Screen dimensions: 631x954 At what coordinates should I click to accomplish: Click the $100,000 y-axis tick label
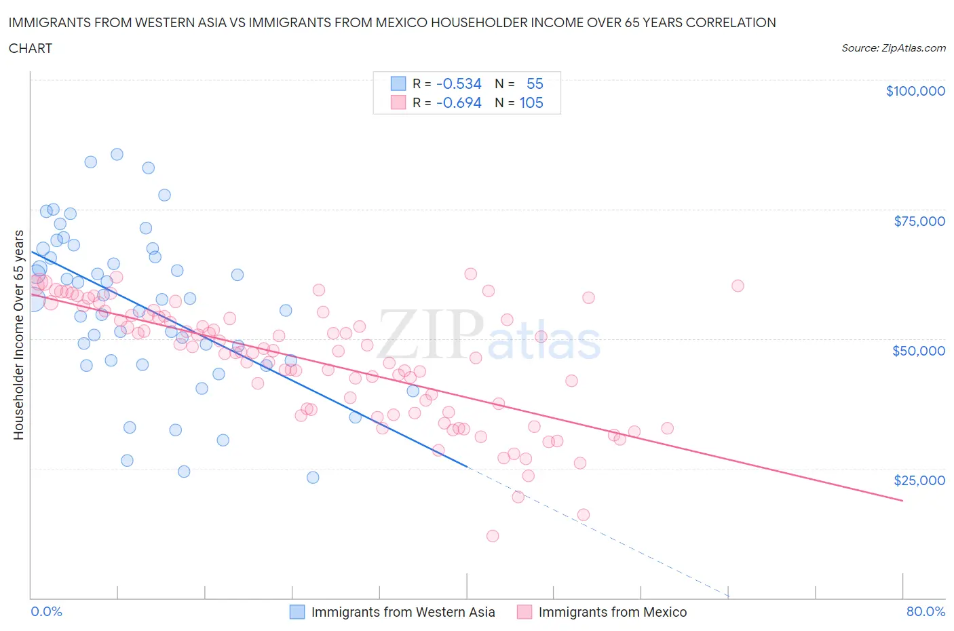(x=915, y=91)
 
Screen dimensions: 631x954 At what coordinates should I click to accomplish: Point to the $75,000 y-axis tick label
(x=919, y=221)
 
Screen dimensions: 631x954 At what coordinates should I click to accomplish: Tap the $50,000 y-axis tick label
(x=919, y=351)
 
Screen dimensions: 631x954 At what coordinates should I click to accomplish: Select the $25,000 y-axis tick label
(x=919, y=480)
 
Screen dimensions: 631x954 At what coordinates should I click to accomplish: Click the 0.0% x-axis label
(x=46, y=611)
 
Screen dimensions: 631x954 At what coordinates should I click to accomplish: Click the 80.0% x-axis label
(x=926, y=611)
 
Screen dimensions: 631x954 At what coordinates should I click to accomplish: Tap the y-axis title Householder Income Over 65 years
(x=18, y=334)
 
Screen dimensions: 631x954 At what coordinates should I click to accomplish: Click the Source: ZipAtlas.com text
(x=893, y=47)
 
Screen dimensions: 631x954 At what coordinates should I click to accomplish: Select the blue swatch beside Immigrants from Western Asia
(x=297, y=612)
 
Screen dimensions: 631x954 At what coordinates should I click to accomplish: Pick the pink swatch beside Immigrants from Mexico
(x=524, y=612)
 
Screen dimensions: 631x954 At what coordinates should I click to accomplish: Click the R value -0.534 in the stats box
(x=459, y=83)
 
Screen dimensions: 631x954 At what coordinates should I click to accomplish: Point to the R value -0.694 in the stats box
(x=459, y=102)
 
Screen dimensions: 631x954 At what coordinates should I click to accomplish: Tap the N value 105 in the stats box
(x=531, y=102)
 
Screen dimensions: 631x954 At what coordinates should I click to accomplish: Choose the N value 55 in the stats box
(x=535, y=83)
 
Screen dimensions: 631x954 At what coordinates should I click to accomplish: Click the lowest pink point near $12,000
(x=493, y=536)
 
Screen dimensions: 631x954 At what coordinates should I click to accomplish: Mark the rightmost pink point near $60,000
(x=738, y=286)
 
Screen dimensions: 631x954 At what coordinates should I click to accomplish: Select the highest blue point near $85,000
(x=117, y=154)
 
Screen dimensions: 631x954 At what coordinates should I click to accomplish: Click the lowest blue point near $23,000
(x=313, y=477)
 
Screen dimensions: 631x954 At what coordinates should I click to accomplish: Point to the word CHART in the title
(x=31, y=48)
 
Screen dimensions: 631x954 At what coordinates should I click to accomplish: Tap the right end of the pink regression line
(x=902, y=500)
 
